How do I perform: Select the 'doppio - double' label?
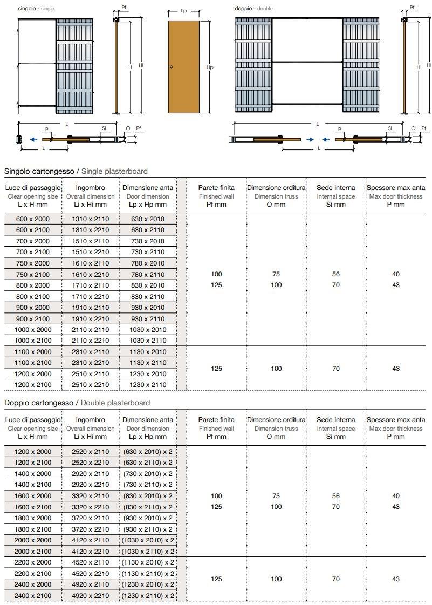coord(253,9)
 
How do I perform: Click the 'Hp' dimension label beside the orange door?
coord(210,67)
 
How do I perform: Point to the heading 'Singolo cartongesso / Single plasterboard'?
coord(76,171)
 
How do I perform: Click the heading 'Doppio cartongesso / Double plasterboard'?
coord(77,403)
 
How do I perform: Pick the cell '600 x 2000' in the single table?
coord(32,219)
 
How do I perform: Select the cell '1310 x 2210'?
coord(91,230)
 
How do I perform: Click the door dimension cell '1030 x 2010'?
coord(148,329)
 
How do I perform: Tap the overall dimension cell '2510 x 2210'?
coord(91,385)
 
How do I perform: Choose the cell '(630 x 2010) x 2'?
coord(148,451)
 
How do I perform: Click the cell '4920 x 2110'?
coord(91,584)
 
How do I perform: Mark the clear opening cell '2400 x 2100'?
coord(32,595)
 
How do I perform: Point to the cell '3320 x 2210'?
coord(91,507)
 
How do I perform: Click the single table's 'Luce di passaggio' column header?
coord(32,188)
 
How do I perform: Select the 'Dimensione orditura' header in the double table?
coord(276,419)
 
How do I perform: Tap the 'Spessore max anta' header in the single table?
coord(396,188)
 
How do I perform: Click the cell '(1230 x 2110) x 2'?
coord(148,595)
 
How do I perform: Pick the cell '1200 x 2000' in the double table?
coord(32,451)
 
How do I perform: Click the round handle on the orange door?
coord(171,67)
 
